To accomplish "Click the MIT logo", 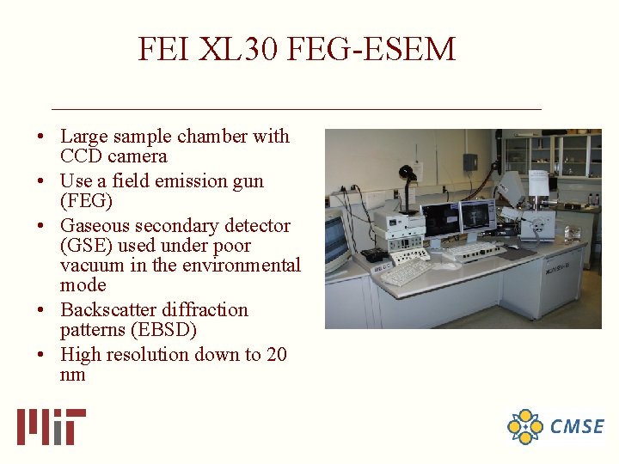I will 51,427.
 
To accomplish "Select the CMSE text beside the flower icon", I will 577,427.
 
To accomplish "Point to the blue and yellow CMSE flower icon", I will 524,427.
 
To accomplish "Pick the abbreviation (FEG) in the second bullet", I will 86,202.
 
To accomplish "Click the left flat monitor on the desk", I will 440,220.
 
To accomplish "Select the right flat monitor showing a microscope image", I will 478,215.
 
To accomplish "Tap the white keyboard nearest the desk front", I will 406,272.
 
